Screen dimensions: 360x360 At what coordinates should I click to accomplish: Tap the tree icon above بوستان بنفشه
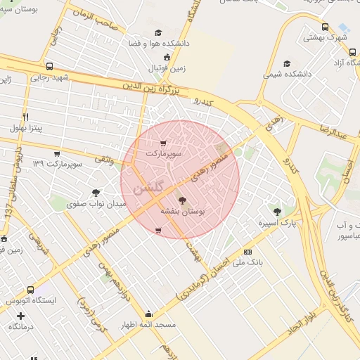183,200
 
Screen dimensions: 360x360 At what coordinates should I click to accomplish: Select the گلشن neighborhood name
148,188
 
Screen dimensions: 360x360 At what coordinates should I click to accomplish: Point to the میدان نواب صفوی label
96,204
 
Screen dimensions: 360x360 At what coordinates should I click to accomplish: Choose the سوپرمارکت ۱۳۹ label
58,164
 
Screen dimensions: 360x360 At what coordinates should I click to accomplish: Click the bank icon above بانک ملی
247,251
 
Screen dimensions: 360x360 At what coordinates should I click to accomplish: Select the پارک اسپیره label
277,223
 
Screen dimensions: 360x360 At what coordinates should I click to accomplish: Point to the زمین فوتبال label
167,67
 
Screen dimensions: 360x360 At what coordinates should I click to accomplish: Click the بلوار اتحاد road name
292,330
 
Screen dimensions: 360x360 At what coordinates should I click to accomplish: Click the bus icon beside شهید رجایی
49,67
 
